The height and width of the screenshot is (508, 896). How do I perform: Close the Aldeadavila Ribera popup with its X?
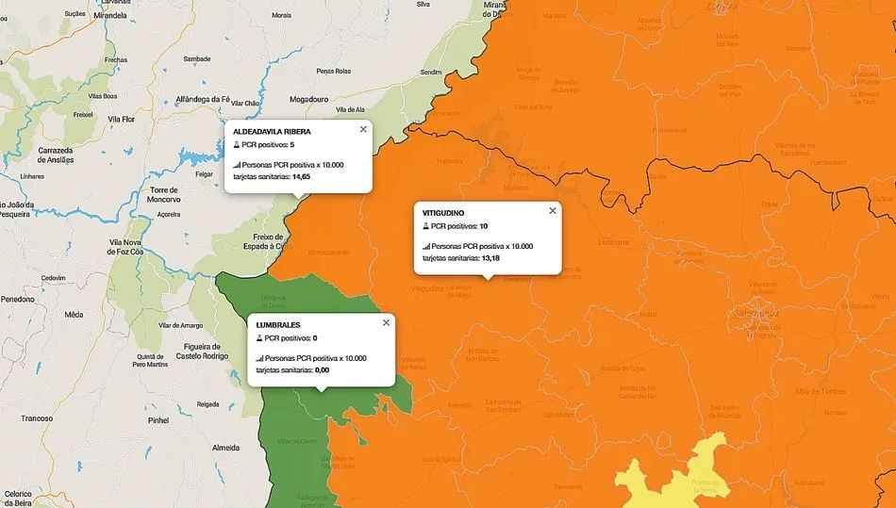(363, 129)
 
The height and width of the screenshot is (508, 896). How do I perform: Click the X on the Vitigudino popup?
(553, 211)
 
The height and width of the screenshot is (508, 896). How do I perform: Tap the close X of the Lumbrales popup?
(386, 322)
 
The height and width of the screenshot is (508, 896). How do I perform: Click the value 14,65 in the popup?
(302, 176)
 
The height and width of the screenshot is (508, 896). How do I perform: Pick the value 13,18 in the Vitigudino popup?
(491, 257)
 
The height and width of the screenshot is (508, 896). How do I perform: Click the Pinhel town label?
(158, 419)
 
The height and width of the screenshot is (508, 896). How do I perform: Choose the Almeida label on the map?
(225, 447)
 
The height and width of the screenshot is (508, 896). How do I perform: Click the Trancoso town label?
(37, 418)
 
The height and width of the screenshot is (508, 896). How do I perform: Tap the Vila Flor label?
(123, 119)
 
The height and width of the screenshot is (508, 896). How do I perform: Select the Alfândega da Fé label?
(204, 99)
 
